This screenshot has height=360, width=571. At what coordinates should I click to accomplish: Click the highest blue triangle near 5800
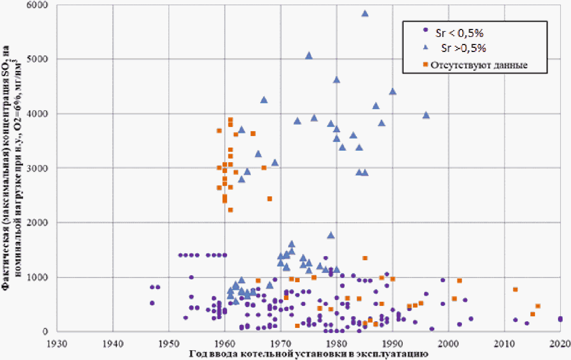click(365, 14)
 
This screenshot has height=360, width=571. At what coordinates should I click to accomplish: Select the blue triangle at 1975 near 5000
click(309, 55)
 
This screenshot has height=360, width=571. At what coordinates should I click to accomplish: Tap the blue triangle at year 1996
click(426, 115)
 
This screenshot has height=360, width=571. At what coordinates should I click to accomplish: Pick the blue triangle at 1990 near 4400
click(393, 91)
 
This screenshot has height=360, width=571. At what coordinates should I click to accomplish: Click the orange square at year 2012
click(515, 289)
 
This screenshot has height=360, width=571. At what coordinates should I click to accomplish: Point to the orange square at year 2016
click(538, 306)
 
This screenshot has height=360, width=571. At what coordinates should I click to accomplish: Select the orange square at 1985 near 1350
click(365, 258)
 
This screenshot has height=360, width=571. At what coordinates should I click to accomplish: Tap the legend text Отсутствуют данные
click(479, 65)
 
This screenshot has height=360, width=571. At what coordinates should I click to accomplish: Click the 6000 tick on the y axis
click(37, 5)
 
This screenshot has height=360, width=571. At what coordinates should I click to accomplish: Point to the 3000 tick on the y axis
click(37, 168)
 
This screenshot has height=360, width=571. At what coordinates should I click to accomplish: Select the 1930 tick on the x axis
click(57, 344)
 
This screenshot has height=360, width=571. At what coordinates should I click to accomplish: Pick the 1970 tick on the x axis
click(281, 344)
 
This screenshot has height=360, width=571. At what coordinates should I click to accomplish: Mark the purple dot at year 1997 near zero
click(432, 329)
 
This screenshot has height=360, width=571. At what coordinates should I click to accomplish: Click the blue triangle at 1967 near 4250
click(264, 99)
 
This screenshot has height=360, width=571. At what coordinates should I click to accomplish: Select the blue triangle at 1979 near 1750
click(331, 235)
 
